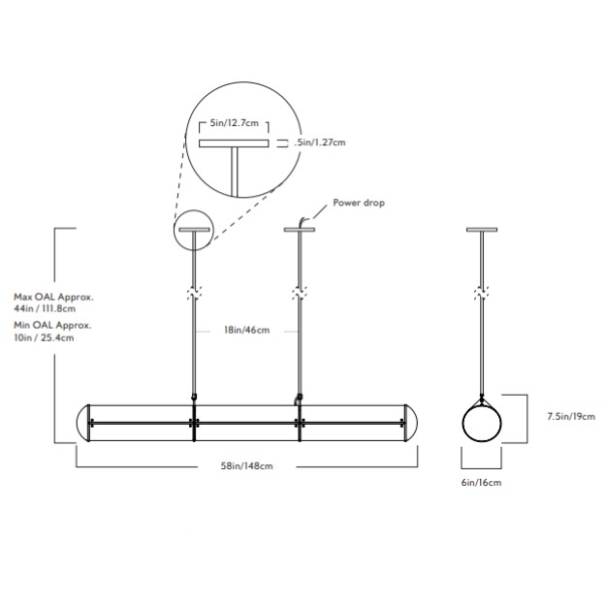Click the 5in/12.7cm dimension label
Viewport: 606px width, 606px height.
coord(232,125)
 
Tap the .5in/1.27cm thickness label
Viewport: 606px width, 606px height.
coord(320,142)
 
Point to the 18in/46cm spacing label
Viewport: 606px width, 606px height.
coord(246,331)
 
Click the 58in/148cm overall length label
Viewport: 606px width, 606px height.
coord(247,466)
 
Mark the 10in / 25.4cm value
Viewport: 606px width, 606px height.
coord(45,339)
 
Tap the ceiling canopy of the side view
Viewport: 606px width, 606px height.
coord(481,230)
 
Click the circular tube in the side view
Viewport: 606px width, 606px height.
coord(481,423)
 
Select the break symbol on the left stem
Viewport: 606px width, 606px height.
coord(193,291)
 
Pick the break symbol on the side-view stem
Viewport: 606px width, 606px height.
coord(481,291)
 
